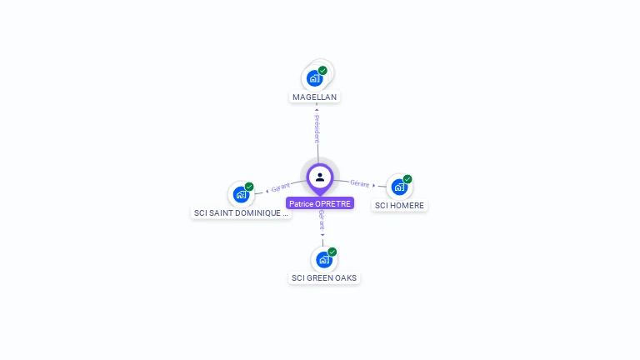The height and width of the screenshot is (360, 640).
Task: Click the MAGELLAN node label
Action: click(315, 97)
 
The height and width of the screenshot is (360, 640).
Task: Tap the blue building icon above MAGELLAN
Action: click(314, 78)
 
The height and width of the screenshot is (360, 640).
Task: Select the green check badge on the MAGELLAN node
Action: click(322, 71)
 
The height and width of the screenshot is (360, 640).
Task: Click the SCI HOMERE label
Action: click(399, 206)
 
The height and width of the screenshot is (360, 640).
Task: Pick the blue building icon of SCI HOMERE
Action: click(399, 187)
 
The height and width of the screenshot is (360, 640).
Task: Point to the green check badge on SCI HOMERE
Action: click(407, 179)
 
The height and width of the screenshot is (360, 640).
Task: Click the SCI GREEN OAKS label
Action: click(324, 278)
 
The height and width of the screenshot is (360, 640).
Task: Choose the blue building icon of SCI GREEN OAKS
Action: click(323, 260)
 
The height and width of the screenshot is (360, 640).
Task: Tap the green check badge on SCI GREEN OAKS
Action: click(332, 252)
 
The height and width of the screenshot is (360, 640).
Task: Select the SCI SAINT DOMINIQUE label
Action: click(241, 213)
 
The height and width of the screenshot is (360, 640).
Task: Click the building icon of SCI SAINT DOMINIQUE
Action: click(241, 195)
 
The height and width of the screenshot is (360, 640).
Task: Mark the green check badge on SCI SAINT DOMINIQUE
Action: click(249, 187)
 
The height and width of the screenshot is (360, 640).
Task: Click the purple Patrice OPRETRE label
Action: click(320, 203)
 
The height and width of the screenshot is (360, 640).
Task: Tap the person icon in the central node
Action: click(320, 177)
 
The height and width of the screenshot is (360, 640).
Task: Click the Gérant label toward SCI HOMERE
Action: click(359, 183)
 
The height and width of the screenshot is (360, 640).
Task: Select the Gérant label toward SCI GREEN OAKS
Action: click(322, 222)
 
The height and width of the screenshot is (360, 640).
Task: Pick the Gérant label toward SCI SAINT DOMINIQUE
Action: click(281, 188)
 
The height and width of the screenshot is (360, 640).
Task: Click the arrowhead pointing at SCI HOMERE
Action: click(373, 185)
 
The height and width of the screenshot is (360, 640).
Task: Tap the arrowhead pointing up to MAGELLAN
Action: click(317, 109)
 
